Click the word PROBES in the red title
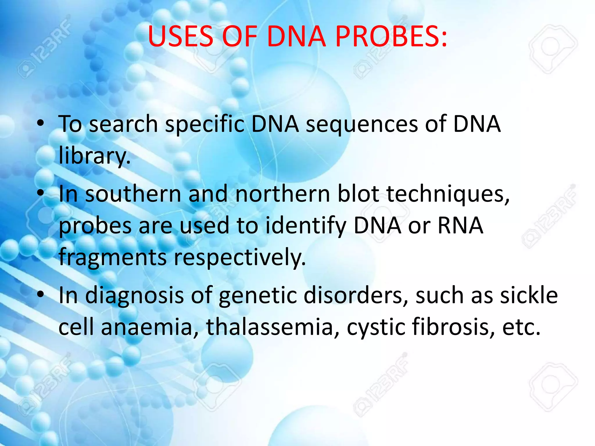[x=391, y=37]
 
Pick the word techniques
[x=448, y=195]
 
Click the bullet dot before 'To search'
[x=41, y=124]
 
